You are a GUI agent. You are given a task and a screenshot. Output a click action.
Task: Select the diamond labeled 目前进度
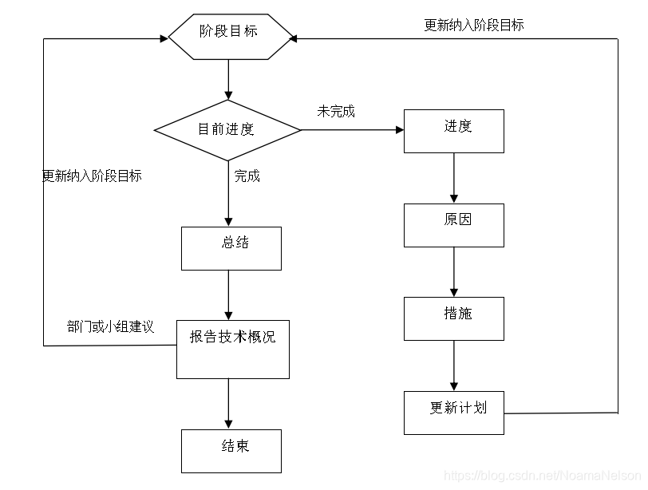[x=227, y=129]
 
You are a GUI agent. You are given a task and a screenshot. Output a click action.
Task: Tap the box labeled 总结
[x=231, y=248]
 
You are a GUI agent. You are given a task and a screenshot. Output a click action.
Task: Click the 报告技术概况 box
[x=232, y=350]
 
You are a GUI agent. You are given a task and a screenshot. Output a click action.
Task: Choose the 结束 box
[x=231, y=451]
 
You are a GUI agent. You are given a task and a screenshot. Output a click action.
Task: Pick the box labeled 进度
[x=453, y=131]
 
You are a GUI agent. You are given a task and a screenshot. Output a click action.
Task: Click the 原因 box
[x=453, y=225]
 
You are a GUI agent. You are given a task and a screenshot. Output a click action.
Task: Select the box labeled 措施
[x=453, y=318]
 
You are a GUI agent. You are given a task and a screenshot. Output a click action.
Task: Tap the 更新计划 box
[x=453, y=413]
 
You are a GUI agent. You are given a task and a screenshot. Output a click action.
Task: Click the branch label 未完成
[x=335, y=112]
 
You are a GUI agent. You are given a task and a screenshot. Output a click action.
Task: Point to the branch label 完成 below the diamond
[x=247, y=176]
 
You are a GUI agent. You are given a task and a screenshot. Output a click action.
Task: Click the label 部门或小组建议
[x=110, y=327]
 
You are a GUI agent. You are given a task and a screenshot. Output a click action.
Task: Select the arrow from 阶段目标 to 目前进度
[x=229, y=80]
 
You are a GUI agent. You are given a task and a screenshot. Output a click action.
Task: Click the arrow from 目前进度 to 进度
[x=351, y=129]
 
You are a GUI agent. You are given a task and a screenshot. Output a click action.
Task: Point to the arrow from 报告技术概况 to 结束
[x=229, y=404]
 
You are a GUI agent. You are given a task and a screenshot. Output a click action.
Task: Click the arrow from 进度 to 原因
[x=454, y=178]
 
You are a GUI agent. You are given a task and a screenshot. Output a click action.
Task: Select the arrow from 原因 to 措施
[x=454, y=272]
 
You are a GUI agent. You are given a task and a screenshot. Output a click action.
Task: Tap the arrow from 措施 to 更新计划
[x=454, y=366]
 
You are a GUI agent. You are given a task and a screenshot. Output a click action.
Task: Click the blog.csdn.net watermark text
[x=542, y=476]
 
